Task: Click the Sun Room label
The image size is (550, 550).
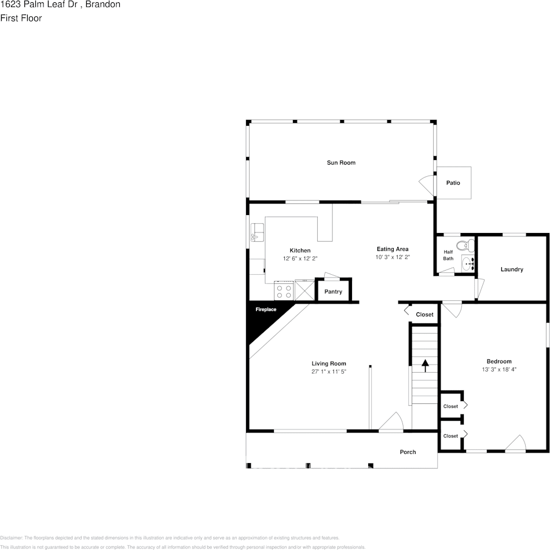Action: point(341,163)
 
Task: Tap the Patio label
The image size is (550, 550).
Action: point(453,183)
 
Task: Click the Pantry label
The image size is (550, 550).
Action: point(333,292)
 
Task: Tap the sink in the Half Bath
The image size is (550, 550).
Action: point(468,263)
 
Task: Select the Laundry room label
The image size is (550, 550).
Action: point(512,269)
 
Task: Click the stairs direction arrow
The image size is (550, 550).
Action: point(425,365)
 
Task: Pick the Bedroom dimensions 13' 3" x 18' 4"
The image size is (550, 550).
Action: point(498,369)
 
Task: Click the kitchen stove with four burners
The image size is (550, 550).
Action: point(284,290)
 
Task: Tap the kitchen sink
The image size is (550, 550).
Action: point(257,233)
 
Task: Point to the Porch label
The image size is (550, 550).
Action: point(408,452)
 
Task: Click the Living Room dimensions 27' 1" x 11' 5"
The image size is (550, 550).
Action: point(328,371)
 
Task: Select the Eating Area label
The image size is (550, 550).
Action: point(393,249)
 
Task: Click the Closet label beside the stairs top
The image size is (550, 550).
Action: point(424,315)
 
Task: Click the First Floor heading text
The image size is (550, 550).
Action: point(21,18)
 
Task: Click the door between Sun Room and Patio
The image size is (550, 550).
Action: point(427,186)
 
